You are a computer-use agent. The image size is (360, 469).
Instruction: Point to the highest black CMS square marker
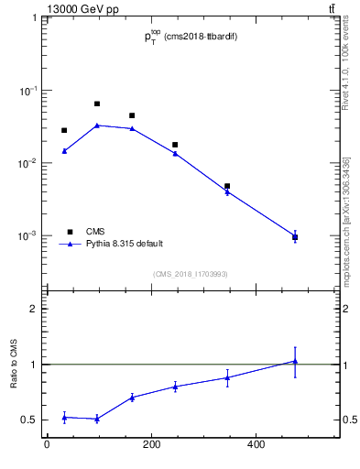(97, 104)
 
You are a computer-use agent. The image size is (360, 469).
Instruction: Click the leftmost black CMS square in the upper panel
(64, 131)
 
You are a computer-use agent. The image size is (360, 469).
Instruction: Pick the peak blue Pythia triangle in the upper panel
(97, 125)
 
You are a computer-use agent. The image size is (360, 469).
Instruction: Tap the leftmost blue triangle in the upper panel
(64, 151)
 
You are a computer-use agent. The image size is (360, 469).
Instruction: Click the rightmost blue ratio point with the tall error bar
(295, 361)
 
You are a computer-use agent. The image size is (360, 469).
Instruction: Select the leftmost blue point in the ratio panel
(64, 417)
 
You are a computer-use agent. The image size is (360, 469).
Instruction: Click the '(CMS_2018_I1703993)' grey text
(190, 274)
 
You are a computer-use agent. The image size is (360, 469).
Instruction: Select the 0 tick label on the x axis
(47, 446)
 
